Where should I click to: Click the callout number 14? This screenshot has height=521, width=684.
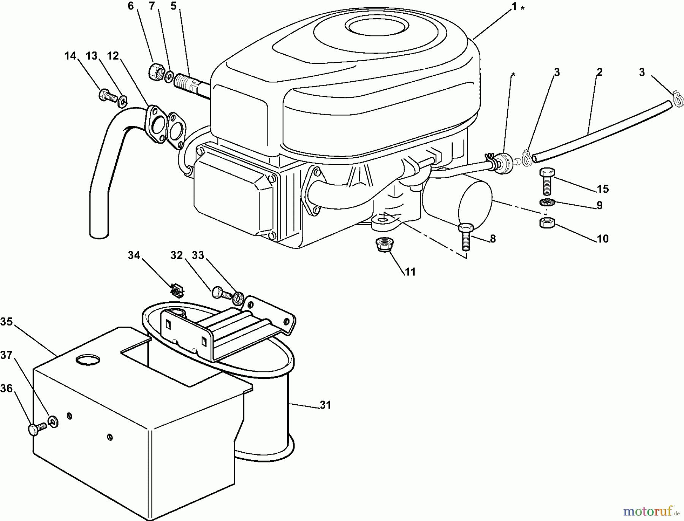(x=70, y=56)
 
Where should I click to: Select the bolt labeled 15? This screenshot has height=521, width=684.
(x=546, y=181)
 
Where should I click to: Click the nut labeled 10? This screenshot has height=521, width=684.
(x=546, y=222)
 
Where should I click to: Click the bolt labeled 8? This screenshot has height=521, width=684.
(x=466, y=236)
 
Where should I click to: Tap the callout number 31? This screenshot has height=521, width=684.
(x=325, y=405)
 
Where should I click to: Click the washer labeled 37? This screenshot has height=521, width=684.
(x=53, y=421)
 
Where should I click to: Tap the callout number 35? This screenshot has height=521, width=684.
(x=6, y=322)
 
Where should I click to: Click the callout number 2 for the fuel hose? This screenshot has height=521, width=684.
(x=599, y=72)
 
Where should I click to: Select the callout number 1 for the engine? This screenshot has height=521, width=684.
(x=514, y=7)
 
